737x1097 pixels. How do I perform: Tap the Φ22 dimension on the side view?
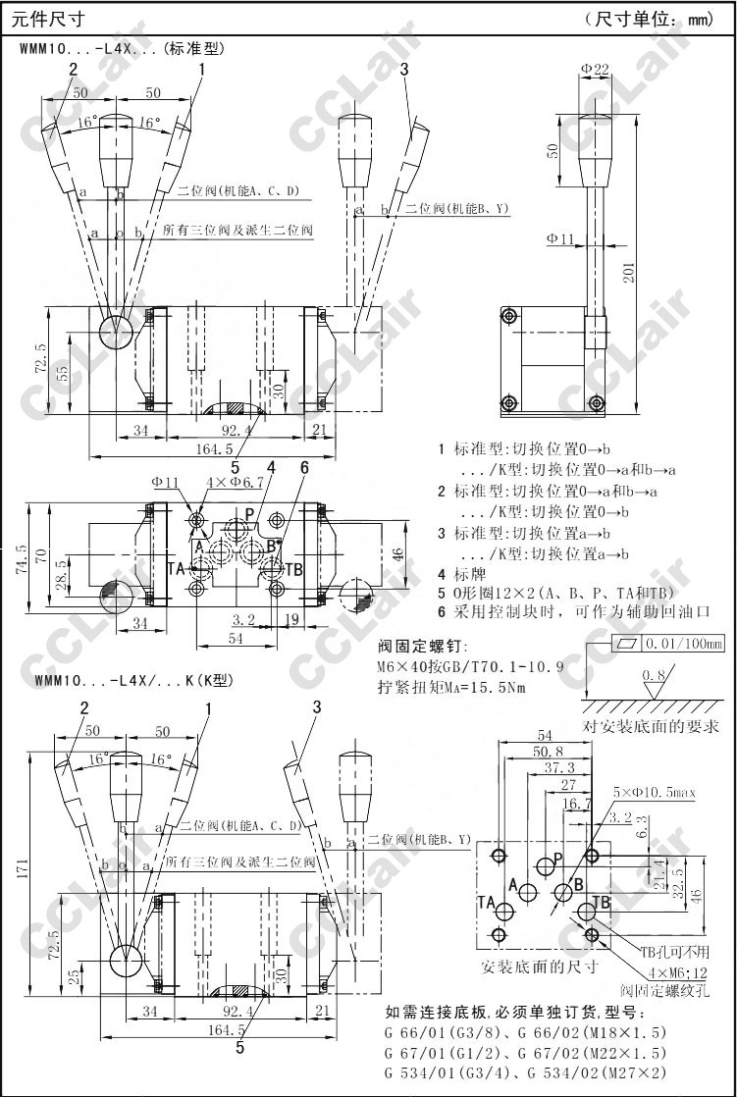point(595,68)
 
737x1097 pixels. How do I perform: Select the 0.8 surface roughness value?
point(651,677)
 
